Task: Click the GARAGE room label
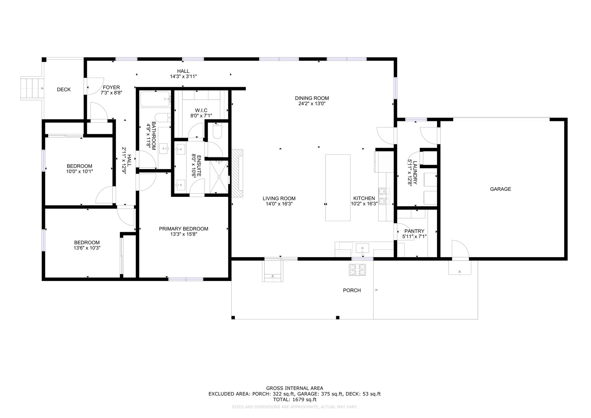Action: coord(500,189)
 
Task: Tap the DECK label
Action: coord(64,89)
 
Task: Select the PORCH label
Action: coord(352,290)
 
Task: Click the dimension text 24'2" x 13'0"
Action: coord(312,104)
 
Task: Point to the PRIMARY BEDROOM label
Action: coord(184,229)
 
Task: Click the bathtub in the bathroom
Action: coord(155,99)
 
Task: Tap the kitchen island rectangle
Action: coord(338,188)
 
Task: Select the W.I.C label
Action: coord(201,110)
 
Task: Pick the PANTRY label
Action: coord(414,231)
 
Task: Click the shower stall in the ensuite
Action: coord(219,177)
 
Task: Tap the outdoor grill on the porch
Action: coord(358,270)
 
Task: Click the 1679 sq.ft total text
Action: coord(305,400)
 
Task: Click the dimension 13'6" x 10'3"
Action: coord(87,248)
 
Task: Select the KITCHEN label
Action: coord(364,198)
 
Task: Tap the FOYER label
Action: coord(111,87)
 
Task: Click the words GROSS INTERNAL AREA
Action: coord(295,388)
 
